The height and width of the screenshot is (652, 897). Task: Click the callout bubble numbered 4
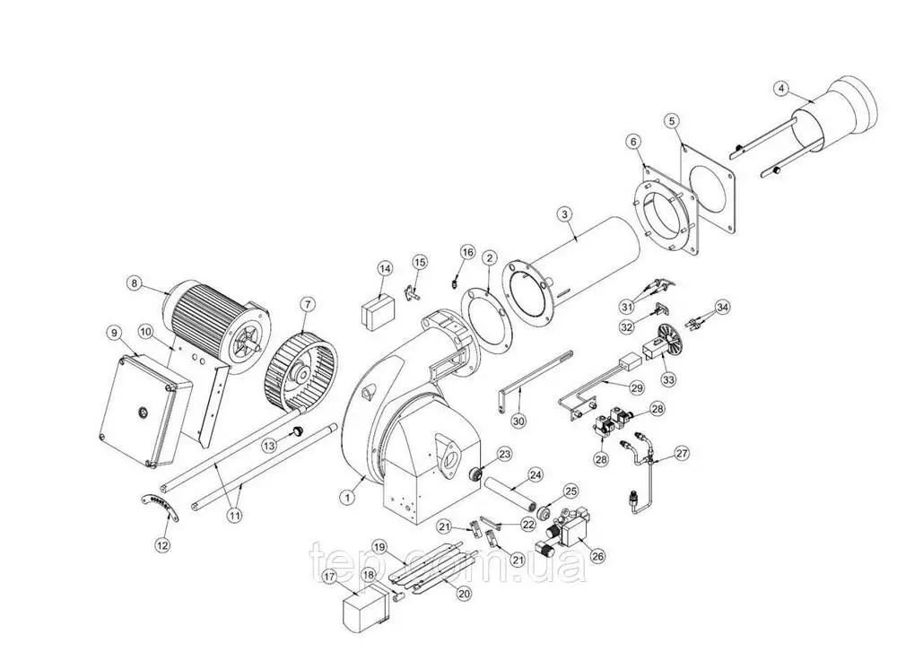[x=781, y=88]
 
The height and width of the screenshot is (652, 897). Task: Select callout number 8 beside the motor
[x=135, y=283]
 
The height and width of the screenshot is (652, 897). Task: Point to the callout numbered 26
[x=598, y=555]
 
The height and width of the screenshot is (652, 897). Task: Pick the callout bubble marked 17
[x=329, y=576]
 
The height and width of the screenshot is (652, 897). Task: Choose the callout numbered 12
[x=161, y=543]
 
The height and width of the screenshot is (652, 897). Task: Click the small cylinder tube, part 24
[x=511, y=491]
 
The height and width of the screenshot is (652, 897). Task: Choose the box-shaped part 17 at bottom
[x=360, y=610]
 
